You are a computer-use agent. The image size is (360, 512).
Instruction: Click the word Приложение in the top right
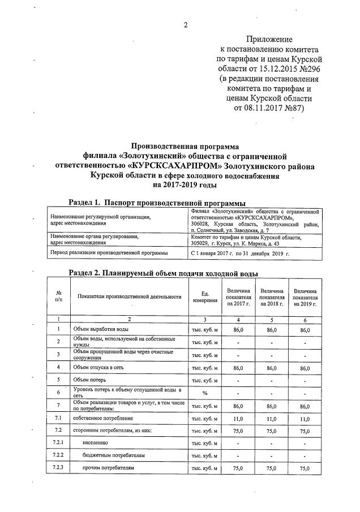(x=269, y=40)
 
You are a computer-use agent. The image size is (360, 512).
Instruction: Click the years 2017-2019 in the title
(x=185, y=185)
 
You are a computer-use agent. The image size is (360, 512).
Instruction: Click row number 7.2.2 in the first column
(x=58, y=455)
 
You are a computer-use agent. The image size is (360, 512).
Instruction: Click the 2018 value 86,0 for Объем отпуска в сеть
(x=272, y=367)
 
